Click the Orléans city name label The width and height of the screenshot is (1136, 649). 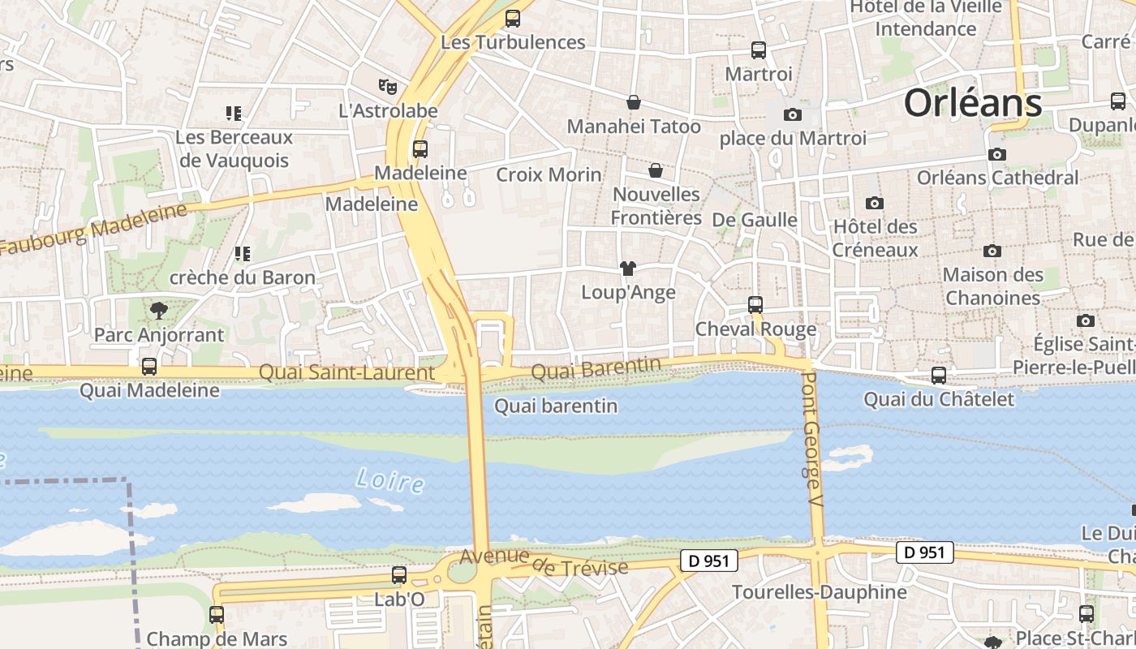972,104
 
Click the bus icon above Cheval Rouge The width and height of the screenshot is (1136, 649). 755,305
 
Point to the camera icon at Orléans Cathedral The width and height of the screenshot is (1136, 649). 997,154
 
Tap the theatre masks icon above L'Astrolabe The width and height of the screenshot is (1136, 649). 388,85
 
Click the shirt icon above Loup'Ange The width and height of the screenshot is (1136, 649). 627,269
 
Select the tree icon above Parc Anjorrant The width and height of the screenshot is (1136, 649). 159,310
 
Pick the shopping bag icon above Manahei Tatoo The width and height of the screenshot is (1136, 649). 633,102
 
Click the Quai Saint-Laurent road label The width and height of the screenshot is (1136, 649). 346,373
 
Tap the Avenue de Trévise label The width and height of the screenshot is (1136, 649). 544,561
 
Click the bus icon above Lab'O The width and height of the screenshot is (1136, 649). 399,575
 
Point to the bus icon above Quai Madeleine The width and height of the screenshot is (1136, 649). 149,366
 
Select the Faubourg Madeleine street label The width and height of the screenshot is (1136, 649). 94,230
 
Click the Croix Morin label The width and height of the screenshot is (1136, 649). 549,174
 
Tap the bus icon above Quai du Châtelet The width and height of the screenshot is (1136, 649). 939,376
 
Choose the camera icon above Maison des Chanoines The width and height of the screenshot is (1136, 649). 992,251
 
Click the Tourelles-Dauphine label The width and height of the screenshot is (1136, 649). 819,592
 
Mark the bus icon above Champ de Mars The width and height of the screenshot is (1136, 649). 217,615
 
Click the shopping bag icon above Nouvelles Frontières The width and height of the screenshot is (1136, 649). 656,170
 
